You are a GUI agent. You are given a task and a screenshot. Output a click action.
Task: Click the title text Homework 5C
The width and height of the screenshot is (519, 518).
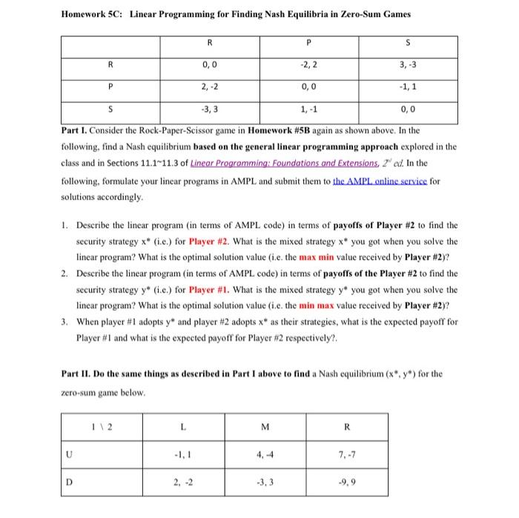(x=90, y=14)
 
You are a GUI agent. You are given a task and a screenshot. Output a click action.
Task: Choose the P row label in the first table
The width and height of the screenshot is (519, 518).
(x=110, y=88)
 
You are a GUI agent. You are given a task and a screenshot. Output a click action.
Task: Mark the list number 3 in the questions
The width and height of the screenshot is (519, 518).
(x=65, y=322)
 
